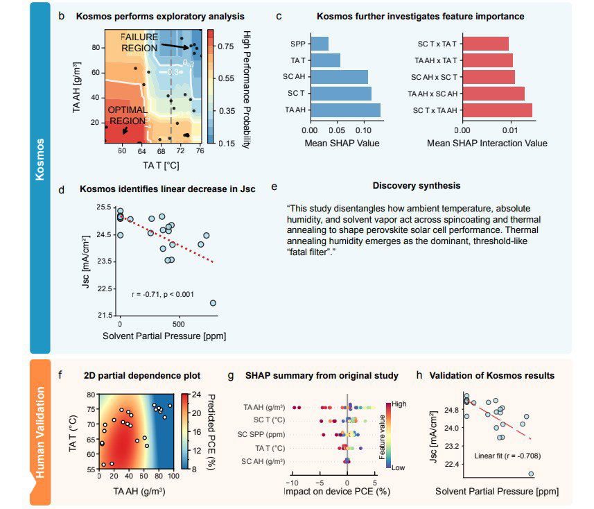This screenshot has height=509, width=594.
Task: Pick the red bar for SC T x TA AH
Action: coord(496,110)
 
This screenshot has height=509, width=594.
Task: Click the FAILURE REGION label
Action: coord(139,42)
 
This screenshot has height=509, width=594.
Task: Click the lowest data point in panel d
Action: coord(213,303)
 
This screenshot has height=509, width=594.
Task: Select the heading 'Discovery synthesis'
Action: coord(416,186)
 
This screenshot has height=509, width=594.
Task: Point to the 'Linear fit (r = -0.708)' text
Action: coord(507,456)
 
